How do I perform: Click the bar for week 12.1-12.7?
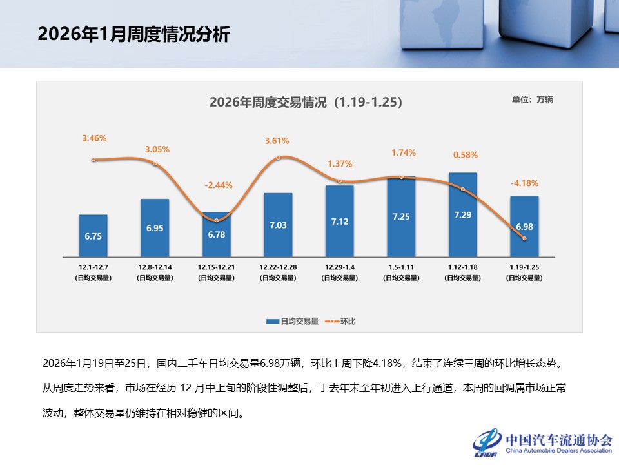[x=93, y=234]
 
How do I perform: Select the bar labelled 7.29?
[x=463, y=213]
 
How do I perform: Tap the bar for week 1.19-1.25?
[x=524, y=225]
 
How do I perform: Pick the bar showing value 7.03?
[x=278, y=223]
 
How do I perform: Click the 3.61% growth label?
[x=277, y=141]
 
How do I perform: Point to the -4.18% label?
[x=524, y=183]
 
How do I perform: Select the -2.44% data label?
[x=217, y=185]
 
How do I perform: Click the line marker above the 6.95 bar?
[x=155, y=163]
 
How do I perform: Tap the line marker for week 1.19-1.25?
[x=524, y=238]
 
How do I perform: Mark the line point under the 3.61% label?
[x=278, y=157]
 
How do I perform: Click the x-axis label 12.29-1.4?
[x=339, y=266]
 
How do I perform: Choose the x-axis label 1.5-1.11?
[x=401, y=266]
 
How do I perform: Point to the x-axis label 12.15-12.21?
[x=216, y=266]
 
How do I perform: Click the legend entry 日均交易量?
[x=293, y=321]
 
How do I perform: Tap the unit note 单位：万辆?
[x=532, y=100]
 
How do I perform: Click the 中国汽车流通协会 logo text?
[x=558, y=440]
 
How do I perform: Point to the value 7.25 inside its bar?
[x=401, y=217]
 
